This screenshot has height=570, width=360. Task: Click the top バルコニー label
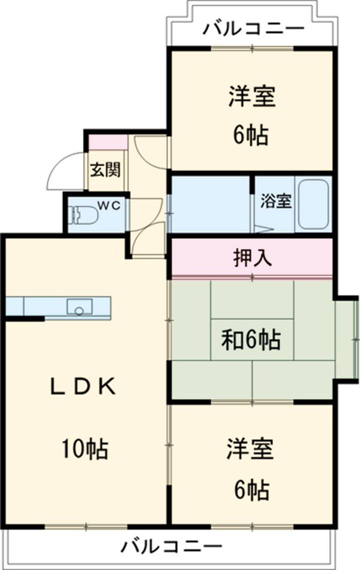pyautogui.click(x=253, y=28)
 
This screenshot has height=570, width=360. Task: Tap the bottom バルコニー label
pyautogui.click(x=172, y=547)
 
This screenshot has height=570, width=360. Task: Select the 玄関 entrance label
pyautogui.click(x=105, y=170)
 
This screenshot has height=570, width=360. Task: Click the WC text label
pyautogui.click(x=110, y=205)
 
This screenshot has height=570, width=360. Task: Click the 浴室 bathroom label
pyautogui.click(x=276, y=201)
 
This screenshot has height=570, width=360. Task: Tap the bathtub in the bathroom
pyautogui.click(x=313, y=204)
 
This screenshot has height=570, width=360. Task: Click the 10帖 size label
pyautogui.click(x=83, y=447)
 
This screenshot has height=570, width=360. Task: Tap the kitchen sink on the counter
pyautogui.click(x=78, y=307)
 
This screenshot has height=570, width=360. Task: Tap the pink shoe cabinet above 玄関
pyautogui.click(x=109, y=143)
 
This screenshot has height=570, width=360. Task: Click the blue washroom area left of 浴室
pyautogui.click(x=209, y=204)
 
